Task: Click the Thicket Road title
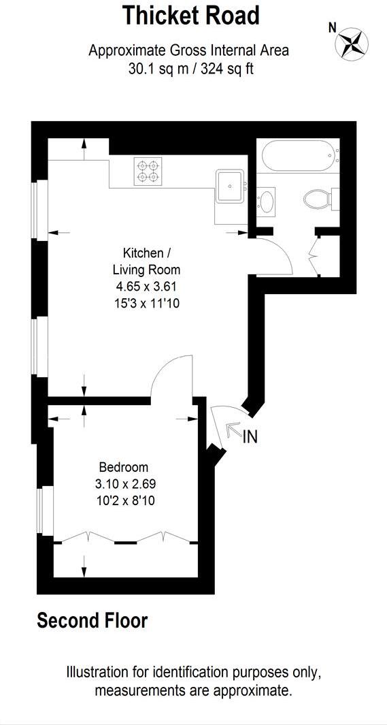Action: pyautogui.click(x=190, y=15)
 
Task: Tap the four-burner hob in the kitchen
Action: pyautogui.click(x=150, y=171)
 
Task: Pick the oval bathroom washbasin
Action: pyautogui.click(x=267, y=202)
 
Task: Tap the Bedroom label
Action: pyautogui.click(x=123, y=467)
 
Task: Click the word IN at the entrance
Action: pyautogui.click(x=250, y=437)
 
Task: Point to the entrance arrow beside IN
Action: pyautogui.click(x=233, y=431)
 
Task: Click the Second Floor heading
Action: pyautogui.click(x=92, y=620)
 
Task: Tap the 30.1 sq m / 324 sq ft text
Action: pyautogui.click(x=190, y=69)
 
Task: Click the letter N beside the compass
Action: pyautogui.click(x=333, y=28)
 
